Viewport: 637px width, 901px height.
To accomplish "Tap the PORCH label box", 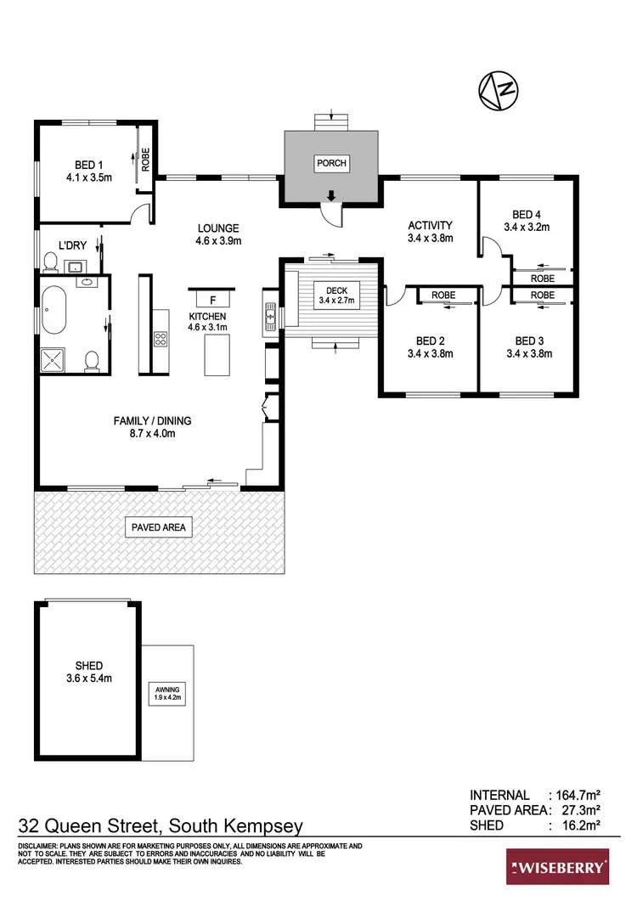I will [331, 162].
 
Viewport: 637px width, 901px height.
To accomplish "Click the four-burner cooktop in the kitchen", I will [160, 338].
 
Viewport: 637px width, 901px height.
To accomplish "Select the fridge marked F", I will [212, 299].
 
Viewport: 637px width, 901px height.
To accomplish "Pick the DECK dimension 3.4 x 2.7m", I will [335, 300].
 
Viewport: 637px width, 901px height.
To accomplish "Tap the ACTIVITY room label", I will [430, 225].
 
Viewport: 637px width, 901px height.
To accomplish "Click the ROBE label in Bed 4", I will [543, 278].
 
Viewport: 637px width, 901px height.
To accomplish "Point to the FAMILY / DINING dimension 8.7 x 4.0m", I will [153, 433].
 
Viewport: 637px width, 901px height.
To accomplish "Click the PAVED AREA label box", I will [158, 527].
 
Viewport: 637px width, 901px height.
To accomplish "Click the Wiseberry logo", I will [557, 867].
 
